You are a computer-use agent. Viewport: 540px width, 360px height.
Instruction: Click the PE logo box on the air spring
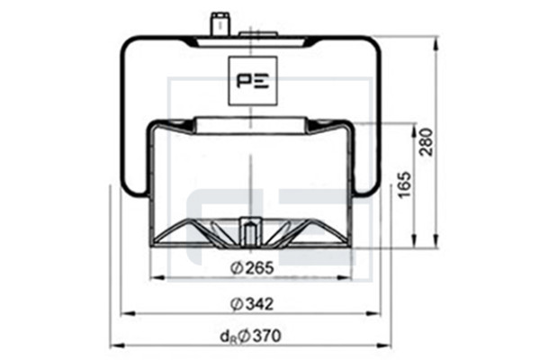[x=253, y=80]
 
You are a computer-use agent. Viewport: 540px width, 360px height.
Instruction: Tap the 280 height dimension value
[x=427, y=142]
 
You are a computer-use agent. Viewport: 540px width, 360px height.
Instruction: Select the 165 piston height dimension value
[x=405, y=184]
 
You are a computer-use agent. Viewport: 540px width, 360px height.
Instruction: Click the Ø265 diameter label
[x=252, y=267]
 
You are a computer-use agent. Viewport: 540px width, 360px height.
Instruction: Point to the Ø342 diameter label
[x=252, y=304]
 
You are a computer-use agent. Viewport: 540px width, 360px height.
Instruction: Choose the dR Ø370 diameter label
[x=250, y=337]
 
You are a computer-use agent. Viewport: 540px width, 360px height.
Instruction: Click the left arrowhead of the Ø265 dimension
[x=157, y=278]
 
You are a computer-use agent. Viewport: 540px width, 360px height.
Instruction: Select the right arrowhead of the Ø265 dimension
[x=345, y=278]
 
